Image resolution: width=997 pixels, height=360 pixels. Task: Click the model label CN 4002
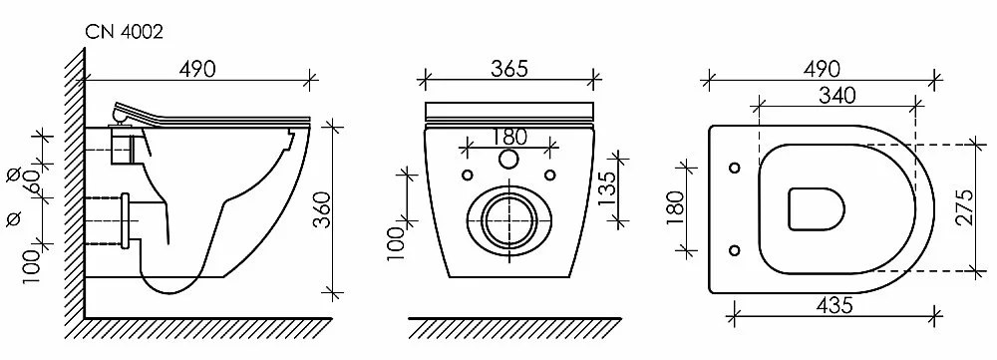(124, 32)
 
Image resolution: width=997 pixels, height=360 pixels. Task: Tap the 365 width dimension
(509, 68)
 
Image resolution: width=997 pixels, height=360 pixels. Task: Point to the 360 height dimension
(323, 209)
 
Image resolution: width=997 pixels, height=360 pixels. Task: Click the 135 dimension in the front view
(606, 187)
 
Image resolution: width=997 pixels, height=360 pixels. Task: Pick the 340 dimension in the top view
(836, 96)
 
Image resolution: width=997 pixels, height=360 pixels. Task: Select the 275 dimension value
(966, 206)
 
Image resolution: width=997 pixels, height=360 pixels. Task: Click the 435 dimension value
(833, 305)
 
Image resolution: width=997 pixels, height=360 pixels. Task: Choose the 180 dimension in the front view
(509, 137)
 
